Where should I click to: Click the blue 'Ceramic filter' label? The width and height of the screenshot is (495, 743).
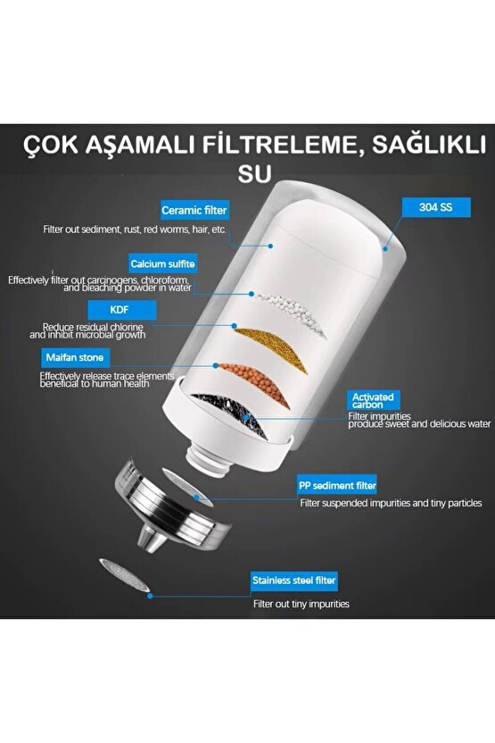[x=194, y=211]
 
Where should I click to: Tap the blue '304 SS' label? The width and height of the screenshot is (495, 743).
[x=434, y=205]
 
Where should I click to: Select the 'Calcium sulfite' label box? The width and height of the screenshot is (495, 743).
[x=163, y=263]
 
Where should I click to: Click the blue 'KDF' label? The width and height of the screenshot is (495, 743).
[x=121, y=310]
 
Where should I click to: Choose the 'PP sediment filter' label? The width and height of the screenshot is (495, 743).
[x=337, y=486]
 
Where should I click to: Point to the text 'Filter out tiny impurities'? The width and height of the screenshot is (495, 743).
[x=301, y=605]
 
